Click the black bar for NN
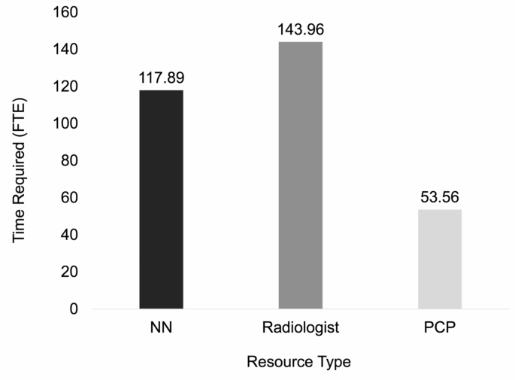click(x=161, y=199)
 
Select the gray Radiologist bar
click(x=300, y=175)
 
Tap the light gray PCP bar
click(x=439, y=259)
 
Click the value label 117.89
click(x=161, y=78)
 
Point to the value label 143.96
click(x=300, y=29)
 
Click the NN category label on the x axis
click(x=161, y=328)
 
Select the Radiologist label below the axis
click(x=300, y=328)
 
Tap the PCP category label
click(x=439, y=328)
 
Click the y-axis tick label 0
click(x=74, y=309)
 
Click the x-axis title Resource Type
click(x=298, y=362)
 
